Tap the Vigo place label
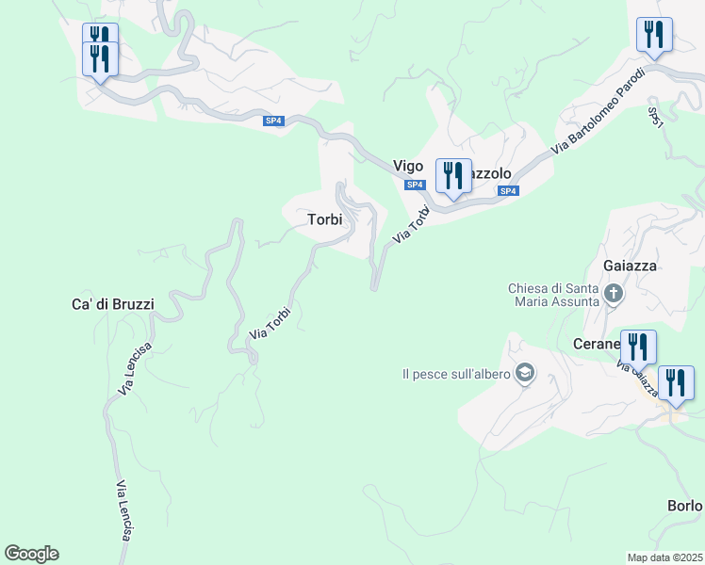coord(408,165)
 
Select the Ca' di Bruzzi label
coord(112,304)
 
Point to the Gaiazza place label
coord(632,266)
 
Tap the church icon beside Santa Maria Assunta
coord(614,294)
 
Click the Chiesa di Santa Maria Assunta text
coord(553,295)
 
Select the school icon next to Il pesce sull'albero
coord(525,374)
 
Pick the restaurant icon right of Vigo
coord(453,177)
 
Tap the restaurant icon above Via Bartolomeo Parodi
coord(653,36)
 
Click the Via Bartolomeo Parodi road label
coord(598,110)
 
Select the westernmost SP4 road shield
coord(273,121)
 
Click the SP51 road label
coord(656,118)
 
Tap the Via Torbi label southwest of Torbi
coord(270,322)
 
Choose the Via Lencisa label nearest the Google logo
coord(123,511)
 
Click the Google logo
coord(31,554)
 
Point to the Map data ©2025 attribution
coord(664,557)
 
